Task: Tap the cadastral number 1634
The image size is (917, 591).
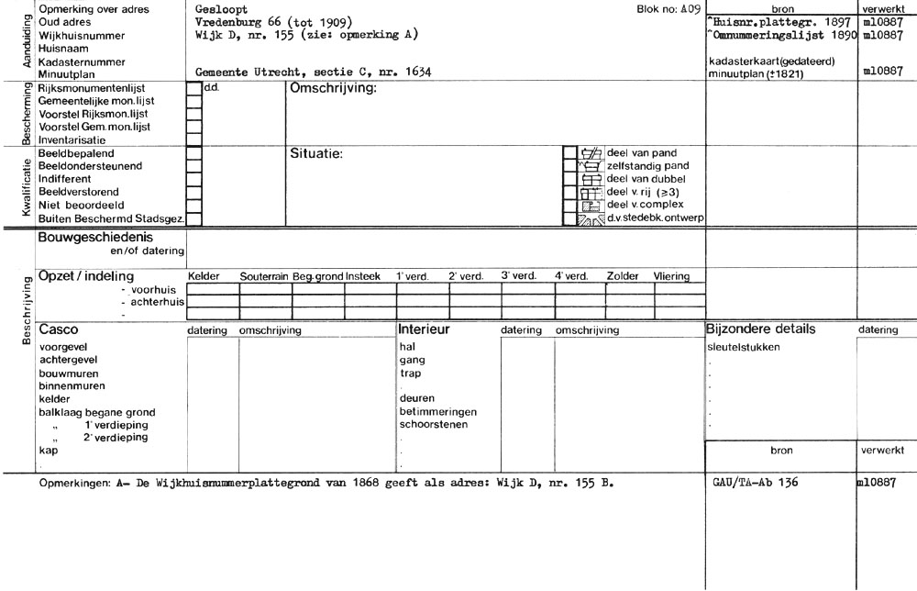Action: point(417,72)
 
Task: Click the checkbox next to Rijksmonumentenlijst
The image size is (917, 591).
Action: point(193,90)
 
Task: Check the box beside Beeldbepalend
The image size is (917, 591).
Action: point(193,153)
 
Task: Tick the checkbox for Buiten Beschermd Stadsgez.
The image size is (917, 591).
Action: point(193,218)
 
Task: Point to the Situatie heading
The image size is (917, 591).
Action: point(316,153)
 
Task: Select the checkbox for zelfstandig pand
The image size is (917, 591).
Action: point(568,166)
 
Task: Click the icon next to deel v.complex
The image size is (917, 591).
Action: point(591,206)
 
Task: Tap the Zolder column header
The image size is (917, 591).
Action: point(623,275)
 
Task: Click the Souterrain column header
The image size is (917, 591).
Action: point(264,275)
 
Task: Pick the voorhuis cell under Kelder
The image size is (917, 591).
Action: point(212,289)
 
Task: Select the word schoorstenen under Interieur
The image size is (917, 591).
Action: point(434,424)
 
